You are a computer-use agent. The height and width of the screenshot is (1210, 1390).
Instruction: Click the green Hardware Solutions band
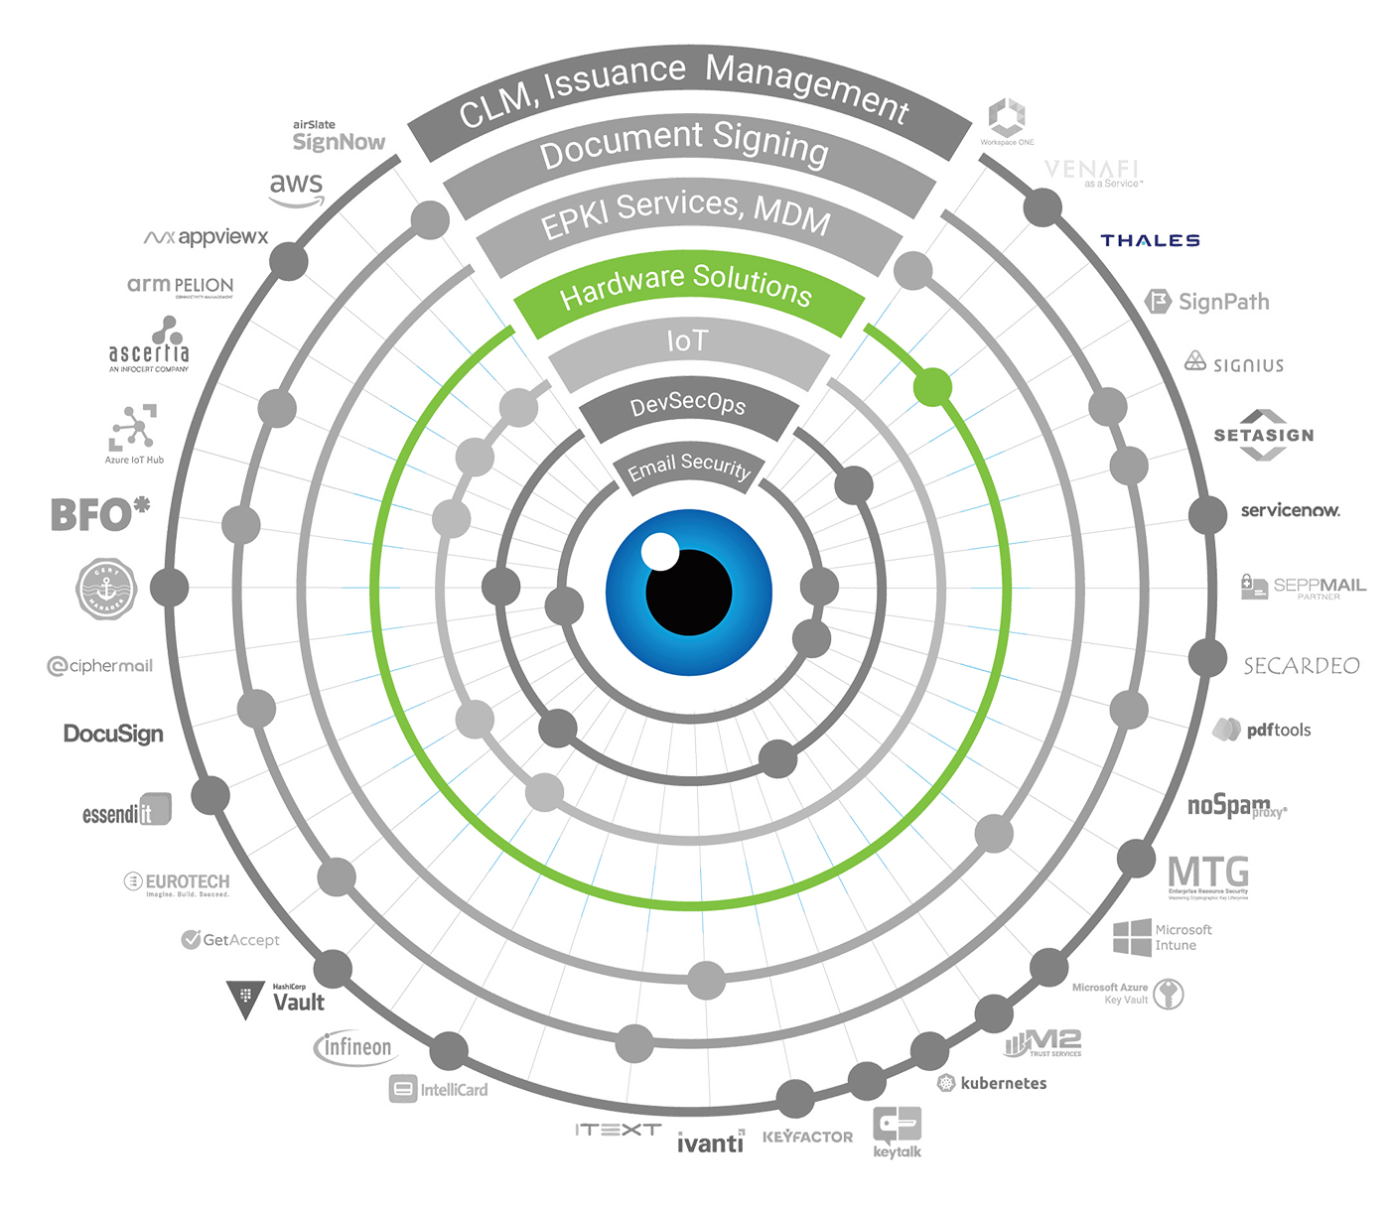pos(686,289)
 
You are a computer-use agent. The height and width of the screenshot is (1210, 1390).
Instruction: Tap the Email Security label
pos(688,467)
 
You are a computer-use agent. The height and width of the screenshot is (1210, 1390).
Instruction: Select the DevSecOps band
pos(688,405)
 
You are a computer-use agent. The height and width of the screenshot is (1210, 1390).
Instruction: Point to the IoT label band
pos(687,342)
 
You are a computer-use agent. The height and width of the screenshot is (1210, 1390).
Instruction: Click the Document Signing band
pos(684,149)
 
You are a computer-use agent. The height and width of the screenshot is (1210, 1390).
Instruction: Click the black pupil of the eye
pos(689,592)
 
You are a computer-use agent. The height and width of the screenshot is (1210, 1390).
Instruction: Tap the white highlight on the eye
pos(659,551)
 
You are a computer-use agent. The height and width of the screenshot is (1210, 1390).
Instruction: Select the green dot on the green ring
pos(931,386)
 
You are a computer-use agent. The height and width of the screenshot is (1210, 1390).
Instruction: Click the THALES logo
pos(1152,241)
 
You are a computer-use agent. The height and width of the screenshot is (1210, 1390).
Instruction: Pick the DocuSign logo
pos(111,734)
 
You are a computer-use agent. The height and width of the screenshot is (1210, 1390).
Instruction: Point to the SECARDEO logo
pos(1302,666)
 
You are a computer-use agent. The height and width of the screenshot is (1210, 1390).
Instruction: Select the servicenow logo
pos(1290,510)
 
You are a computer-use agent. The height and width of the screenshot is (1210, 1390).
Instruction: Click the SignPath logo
pos(1210,302)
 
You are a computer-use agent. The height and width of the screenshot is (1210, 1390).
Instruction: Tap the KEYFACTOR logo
pos(807,1137)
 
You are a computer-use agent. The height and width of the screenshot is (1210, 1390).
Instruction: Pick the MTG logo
pos(1208,874)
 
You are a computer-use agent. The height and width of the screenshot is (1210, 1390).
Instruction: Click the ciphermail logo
pos(101,666)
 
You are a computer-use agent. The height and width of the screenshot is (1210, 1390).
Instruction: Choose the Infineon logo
pos(354,1047)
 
